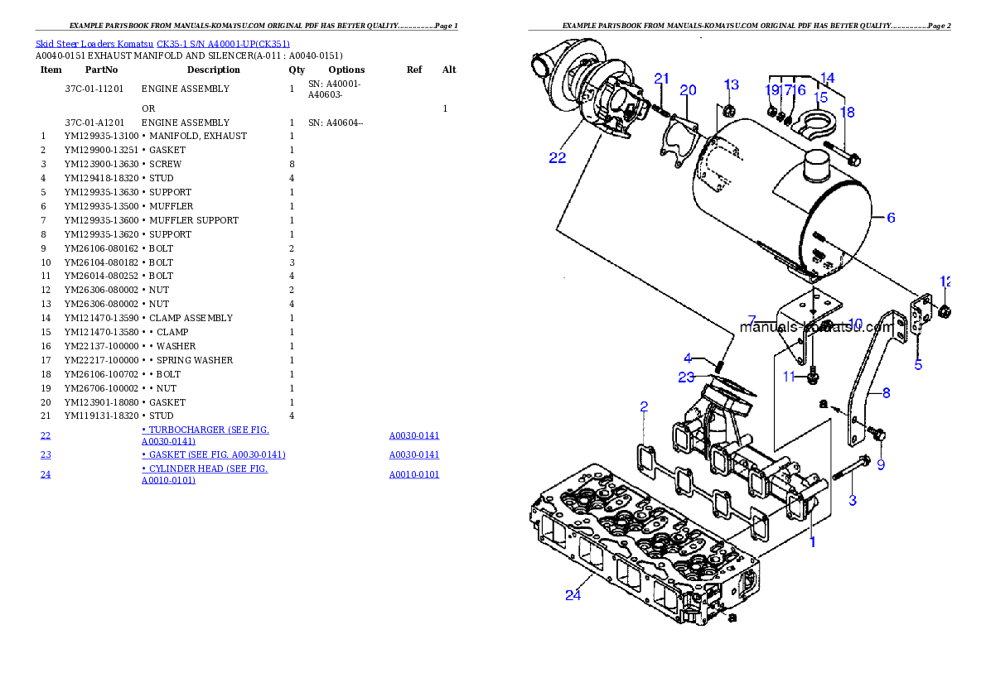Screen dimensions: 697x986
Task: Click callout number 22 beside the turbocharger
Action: point(558,157)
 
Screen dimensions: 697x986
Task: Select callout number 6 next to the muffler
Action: point(891,218)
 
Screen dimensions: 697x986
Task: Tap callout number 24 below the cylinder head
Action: point(573,595)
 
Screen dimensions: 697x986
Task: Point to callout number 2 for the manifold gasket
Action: point(644,406)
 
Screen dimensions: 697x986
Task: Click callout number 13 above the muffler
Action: point(731,84)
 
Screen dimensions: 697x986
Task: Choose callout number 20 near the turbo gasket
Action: point(688,90)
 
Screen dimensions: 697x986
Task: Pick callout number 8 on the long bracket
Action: point(886,393)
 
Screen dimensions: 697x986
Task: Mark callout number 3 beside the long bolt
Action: point(852,500)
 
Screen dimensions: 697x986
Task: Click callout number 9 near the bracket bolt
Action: point(881,464)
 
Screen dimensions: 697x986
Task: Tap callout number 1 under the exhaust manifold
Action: point(813,543)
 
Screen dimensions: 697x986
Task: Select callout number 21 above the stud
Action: point(661,79)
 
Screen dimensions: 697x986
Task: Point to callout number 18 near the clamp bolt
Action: point(847,112)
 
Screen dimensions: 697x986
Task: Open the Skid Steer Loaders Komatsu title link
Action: point(162,44)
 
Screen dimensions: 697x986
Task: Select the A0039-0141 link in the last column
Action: point(414,454)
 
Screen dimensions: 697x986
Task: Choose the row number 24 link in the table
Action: point(46,475)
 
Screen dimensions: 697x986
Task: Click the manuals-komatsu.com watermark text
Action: point(816,327)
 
